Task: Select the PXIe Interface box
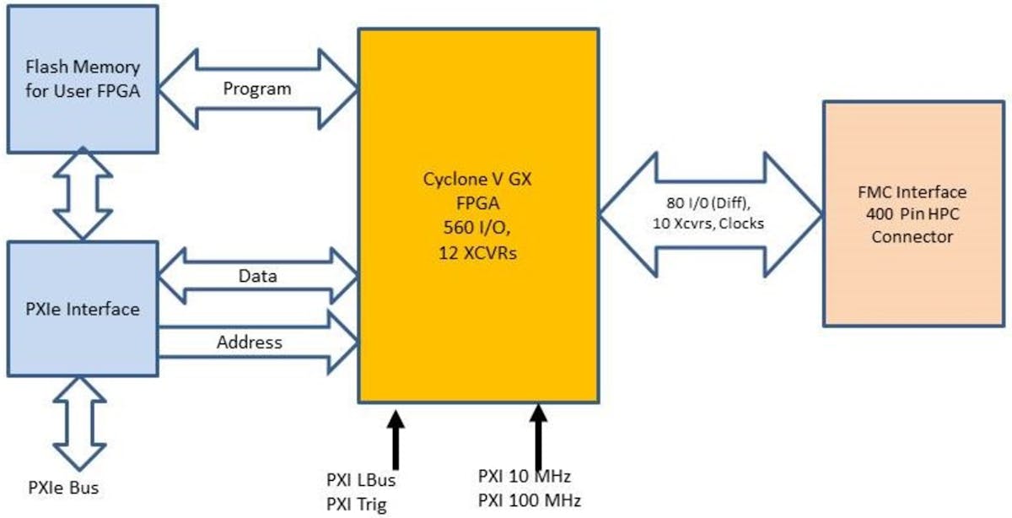[83, 309]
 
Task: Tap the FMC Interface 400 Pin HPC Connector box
[912, 214]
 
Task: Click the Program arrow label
[257, 89]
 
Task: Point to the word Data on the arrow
[257, 275]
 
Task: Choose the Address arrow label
[250, 343]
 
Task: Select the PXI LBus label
[361, 481]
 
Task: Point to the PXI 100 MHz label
[529, 500]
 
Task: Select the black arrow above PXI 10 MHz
[537, 434]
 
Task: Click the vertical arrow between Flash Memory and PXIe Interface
[83, 193]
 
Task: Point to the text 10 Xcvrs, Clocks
[710, 223]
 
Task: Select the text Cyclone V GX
[478, 179]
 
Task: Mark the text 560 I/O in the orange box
[478, 229]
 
